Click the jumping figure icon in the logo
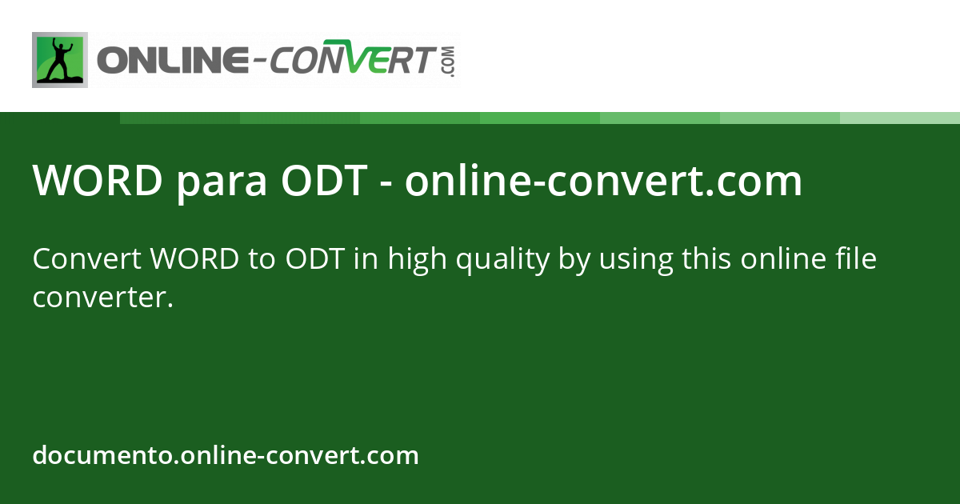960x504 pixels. (x=60, y=60)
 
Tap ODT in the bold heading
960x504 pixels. (x=323, y=182)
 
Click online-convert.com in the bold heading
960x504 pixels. (x=603, y=182)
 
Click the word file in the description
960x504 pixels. (x=856, y=259)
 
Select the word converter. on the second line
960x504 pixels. (x=103, y=298)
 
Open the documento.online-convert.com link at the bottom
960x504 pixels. (x=226, y=456)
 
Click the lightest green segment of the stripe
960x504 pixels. (x=900, y=118)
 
